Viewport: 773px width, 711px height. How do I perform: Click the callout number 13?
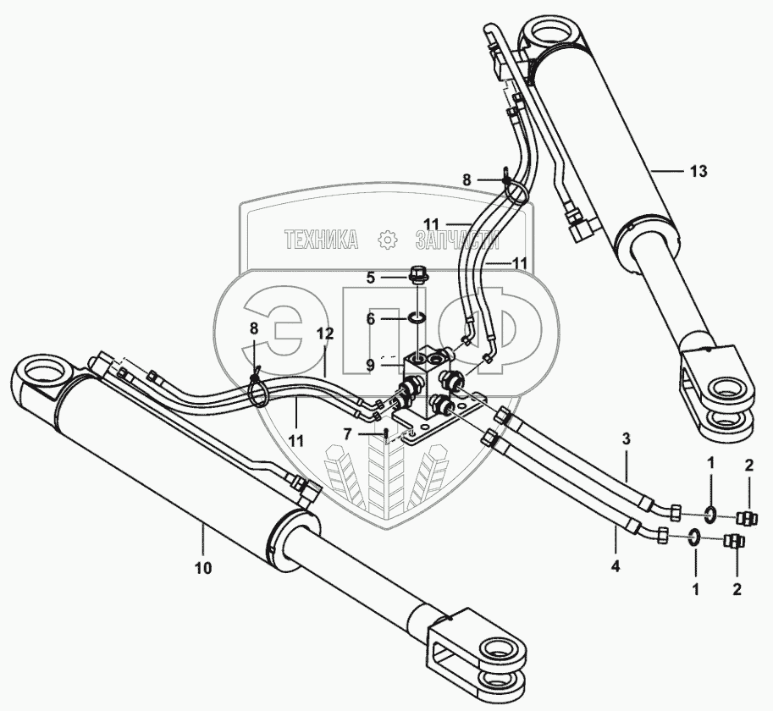click(x=698, y=171)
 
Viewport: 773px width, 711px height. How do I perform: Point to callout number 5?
click(x=370, y=277)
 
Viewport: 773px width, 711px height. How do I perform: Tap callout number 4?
click(x=616, y=566)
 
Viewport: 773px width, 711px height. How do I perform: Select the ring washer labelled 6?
click(x=417, y=318)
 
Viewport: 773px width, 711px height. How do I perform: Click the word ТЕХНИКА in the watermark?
click(x=321, y=240)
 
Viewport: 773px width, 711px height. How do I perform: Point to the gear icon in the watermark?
click(x=388, y=240)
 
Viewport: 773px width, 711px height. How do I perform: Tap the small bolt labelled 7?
click(x=387, y=434)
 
